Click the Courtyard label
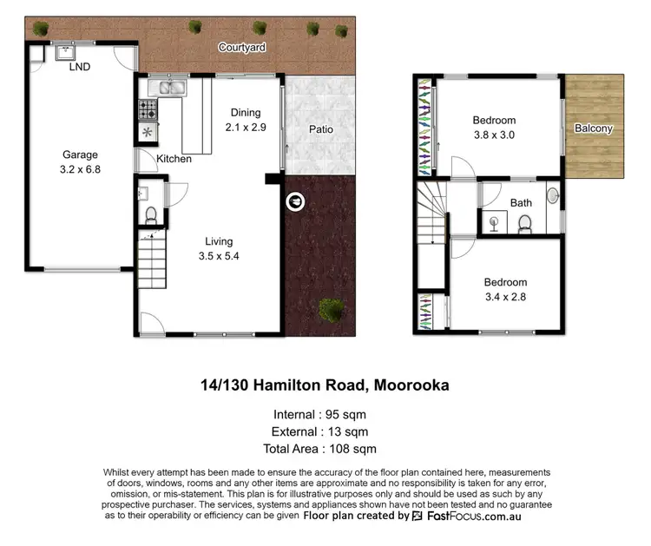[241, 47]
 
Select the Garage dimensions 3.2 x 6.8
[81, 170]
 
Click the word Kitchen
[174, 159]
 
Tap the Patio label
[320, 129]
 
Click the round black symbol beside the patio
[295, 201]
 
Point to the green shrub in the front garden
[330, 308]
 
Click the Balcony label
[594, 128]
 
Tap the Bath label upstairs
[521, 203]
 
